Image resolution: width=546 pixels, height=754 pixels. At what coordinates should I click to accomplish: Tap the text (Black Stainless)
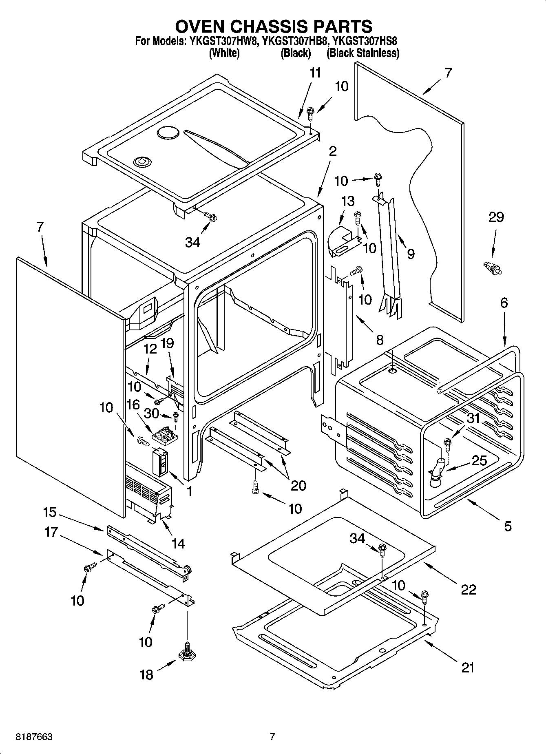pos(363,53)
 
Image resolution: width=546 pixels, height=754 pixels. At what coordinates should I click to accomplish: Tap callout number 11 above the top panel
pos(315,73)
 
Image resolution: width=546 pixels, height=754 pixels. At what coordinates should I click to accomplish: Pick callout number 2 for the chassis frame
pos(332,151)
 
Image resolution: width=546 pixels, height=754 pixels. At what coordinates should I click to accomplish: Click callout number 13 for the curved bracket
pos(347,201)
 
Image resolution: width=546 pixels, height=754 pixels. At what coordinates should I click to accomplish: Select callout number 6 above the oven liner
pos(504,303)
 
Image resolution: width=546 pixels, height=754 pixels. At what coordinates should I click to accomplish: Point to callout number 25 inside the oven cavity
pos(479,460)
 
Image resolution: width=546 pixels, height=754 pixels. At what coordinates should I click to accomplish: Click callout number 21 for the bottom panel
pos(467,668)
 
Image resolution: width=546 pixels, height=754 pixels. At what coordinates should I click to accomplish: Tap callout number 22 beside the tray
pos(468,589)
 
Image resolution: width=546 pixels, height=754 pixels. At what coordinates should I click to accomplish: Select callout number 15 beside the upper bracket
pos(50,512)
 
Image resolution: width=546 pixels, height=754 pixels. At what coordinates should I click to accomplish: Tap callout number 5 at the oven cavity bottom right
pos(507,526)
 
